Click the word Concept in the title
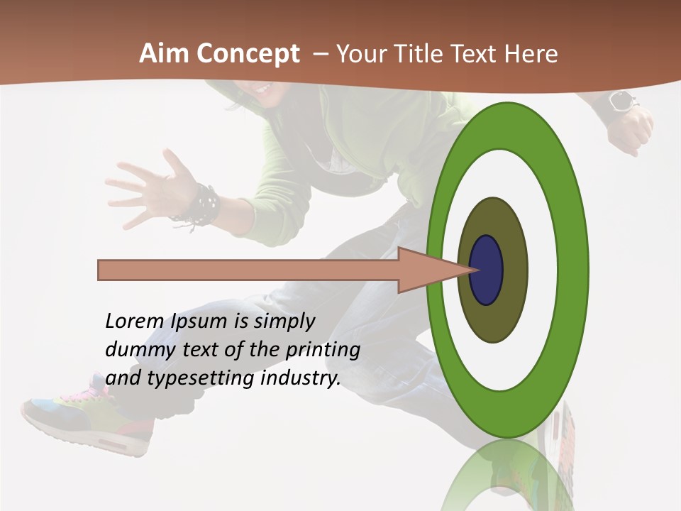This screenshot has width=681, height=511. click(x=247, y=54)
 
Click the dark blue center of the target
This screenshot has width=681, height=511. click(x=486, y=270)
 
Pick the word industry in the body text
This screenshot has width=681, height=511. click(x=301, y=378)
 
